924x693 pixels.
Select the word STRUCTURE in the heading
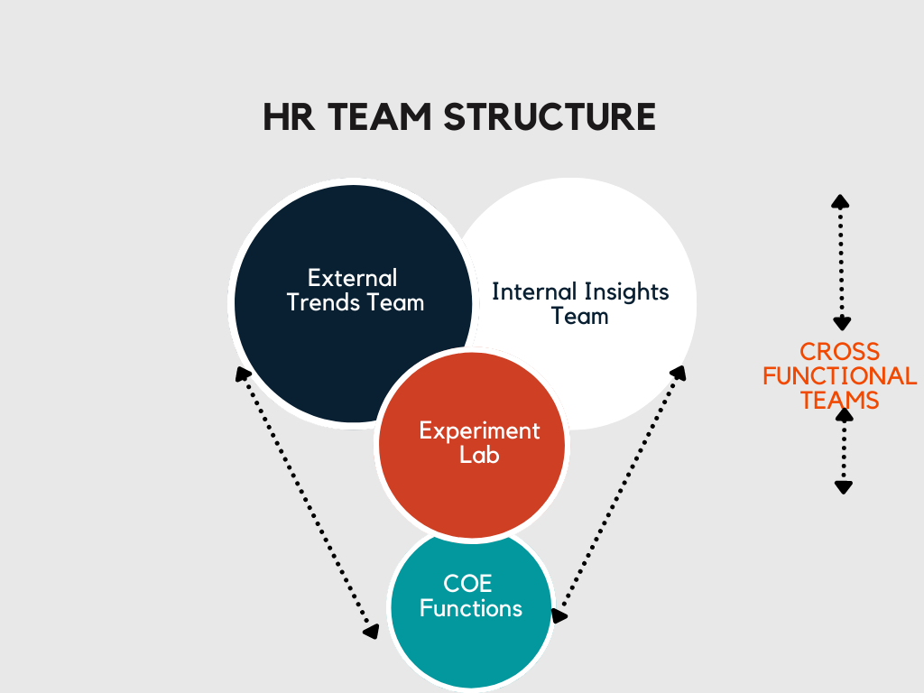click(550, 116)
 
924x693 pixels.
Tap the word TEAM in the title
click(380, 116)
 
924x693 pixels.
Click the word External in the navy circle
click(353, 278)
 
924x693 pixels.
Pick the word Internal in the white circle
click(534, 291)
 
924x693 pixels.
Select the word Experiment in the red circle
click(479, 431)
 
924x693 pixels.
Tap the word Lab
click(479, 455)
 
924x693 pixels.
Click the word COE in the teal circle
click(467, 584)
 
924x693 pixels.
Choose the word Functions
click(471, 608)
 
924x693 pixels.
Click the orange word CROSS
click(839, 352)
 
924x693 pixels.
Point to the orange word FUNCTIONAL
click(839, 376)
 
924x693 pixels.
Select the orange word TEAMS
click(839, 401)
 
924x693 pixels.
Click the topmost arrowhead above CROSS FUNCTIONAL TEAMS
click(840, 201)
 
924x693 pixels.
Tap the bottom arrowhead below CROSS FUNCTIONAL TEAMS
click(844, 487)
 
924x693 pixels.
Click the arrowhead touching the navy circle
click(242, 374)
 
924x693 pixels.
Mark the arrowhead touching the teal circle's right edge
click(559, 615)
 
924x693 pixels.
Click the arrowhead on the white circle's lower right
click(679, 374)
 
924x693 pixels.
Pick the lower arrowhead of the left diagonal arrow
click(371, 631)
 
